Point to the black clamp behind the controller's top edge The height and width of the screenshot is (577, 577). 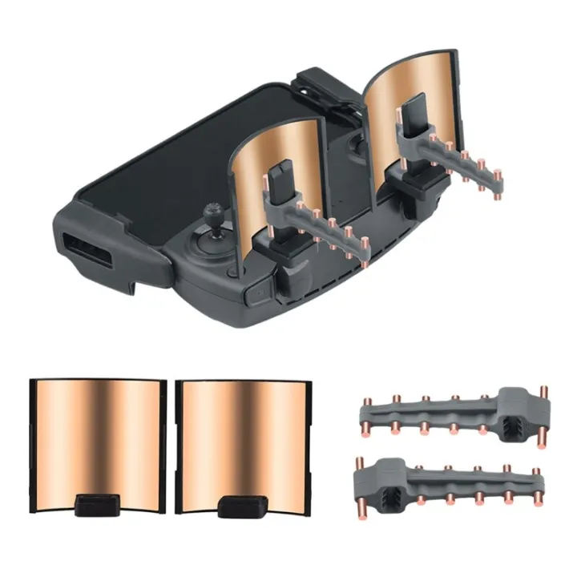tap(325, 84)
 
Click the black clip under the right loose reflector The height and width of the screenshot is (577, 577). tap(240, 506)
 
